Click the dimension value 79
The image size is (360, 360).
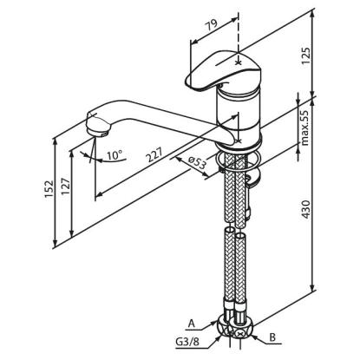tap(212, 26)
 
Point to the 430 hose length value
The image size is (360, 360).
tap(306, 209)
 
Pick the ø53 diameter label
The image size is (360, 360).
tap(197, 162)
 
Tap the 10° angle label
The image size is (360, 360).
tap(115, 155)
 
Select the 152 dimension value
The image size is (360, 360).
tap(49, 188)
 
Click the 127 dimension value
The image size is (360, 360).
tap(65, 187)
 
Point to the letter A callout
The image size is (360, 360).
tap(191, 324)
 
